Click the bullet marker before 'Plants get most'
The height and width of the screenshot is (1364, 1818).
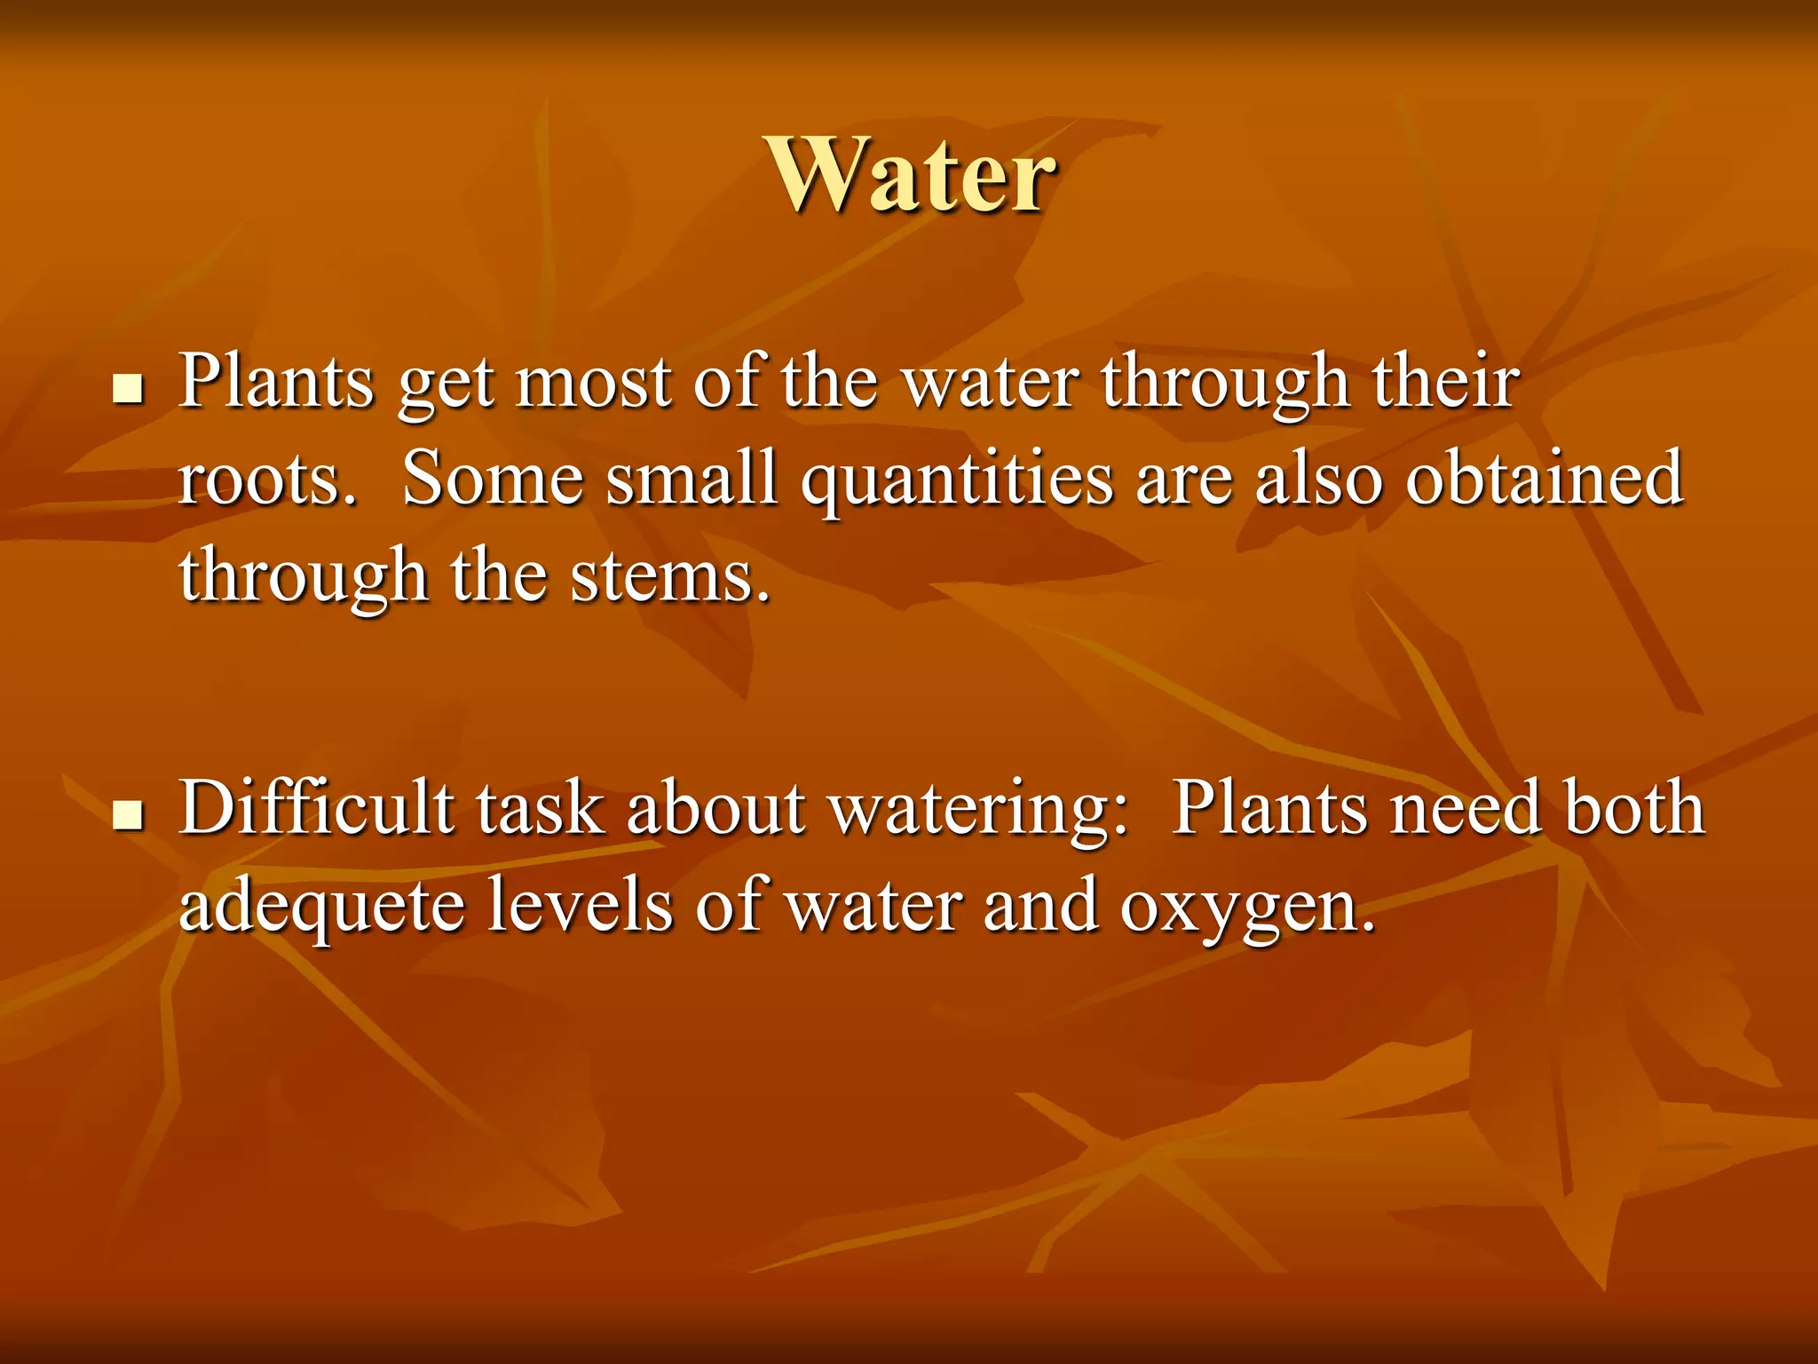point(130,388)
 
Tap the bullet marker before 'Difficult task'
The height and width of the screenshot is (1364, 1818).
point(130,814)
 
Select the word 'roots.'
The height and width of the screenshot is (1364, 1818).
point(267,480)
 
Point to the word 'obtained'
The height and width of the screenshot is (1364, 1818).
point(1545,479)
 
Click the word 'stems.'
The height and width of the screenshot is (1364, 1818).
point(670,576)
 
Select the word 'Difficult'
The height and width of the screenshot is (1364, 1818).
point(316,807)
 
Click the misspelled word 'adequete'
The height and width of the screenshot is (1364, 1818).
point(321,906)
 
